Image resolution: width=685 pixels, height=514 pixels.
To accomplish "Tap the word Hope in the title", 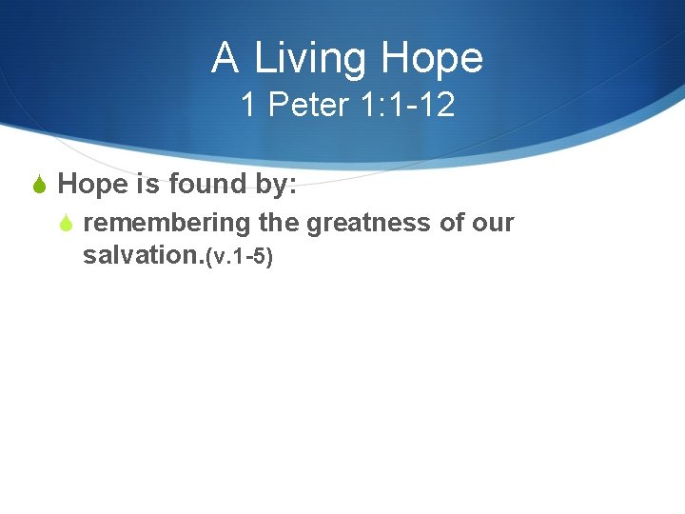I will pyautogui.click(x=432, y=59).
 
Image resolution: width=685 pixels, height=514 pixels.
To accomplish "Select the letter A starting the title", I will pyautogui.click(x=225, y=58).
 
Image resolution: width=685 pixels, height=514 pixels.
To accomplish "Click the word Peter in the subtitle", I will pyautogui.click(x=308, y=105).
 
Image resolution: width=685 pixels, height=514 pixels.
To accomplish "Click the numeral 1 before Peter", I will pyautogui.click(x=248, y=105).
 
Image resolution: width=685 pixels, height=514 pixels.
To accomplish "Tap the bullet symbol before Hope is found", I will pyautogui.click(x=40, y=185).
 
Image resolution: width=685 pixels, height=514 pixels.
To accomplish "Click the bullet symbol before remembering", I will pyautogui.click(x=66, y=225).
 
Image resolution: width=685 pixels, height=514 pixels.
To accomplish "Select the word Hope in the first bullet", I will pyautogui.click(x=93, y=184).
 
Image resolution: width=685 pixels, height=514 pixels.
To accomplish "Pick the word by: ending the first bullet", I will pyautogui.click(x=275, y=185).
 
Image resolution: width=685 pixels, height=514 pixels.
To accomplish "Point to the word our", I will pyautogui.click(x=495, y=224).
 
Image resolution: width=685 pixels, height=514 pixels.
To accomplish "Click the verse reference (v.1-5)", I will pyautogui.click(x=239, y=257).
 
